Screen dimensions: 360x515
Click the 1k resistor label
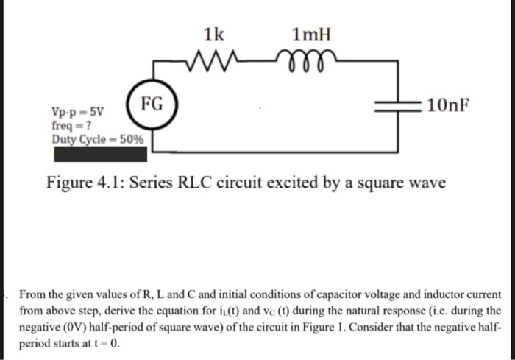[215, 34]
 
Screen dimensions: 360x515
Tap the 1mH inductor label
[312, 34]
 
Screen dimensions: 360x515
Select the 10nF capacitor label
[447, 107]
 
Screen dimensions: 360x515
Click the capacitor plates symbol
[397, 107]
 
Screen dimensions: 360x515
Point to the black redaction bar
[99, 153]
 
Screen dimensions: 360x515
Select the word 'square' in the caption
[376, 182]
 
